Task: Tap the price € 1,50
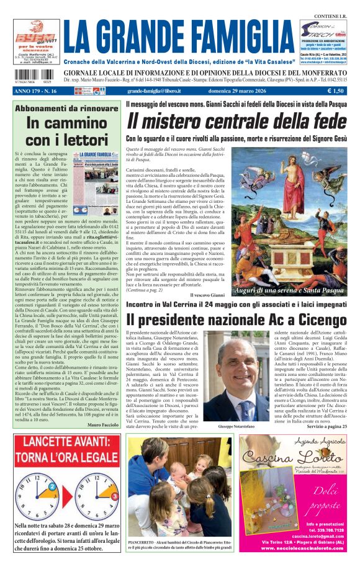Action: click(x=335, y=91)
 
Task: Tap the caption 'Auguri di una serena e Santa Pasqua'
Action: click(x=289, y=290)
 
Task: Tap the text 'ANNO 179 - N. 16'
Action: click(x=35, y=91)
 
